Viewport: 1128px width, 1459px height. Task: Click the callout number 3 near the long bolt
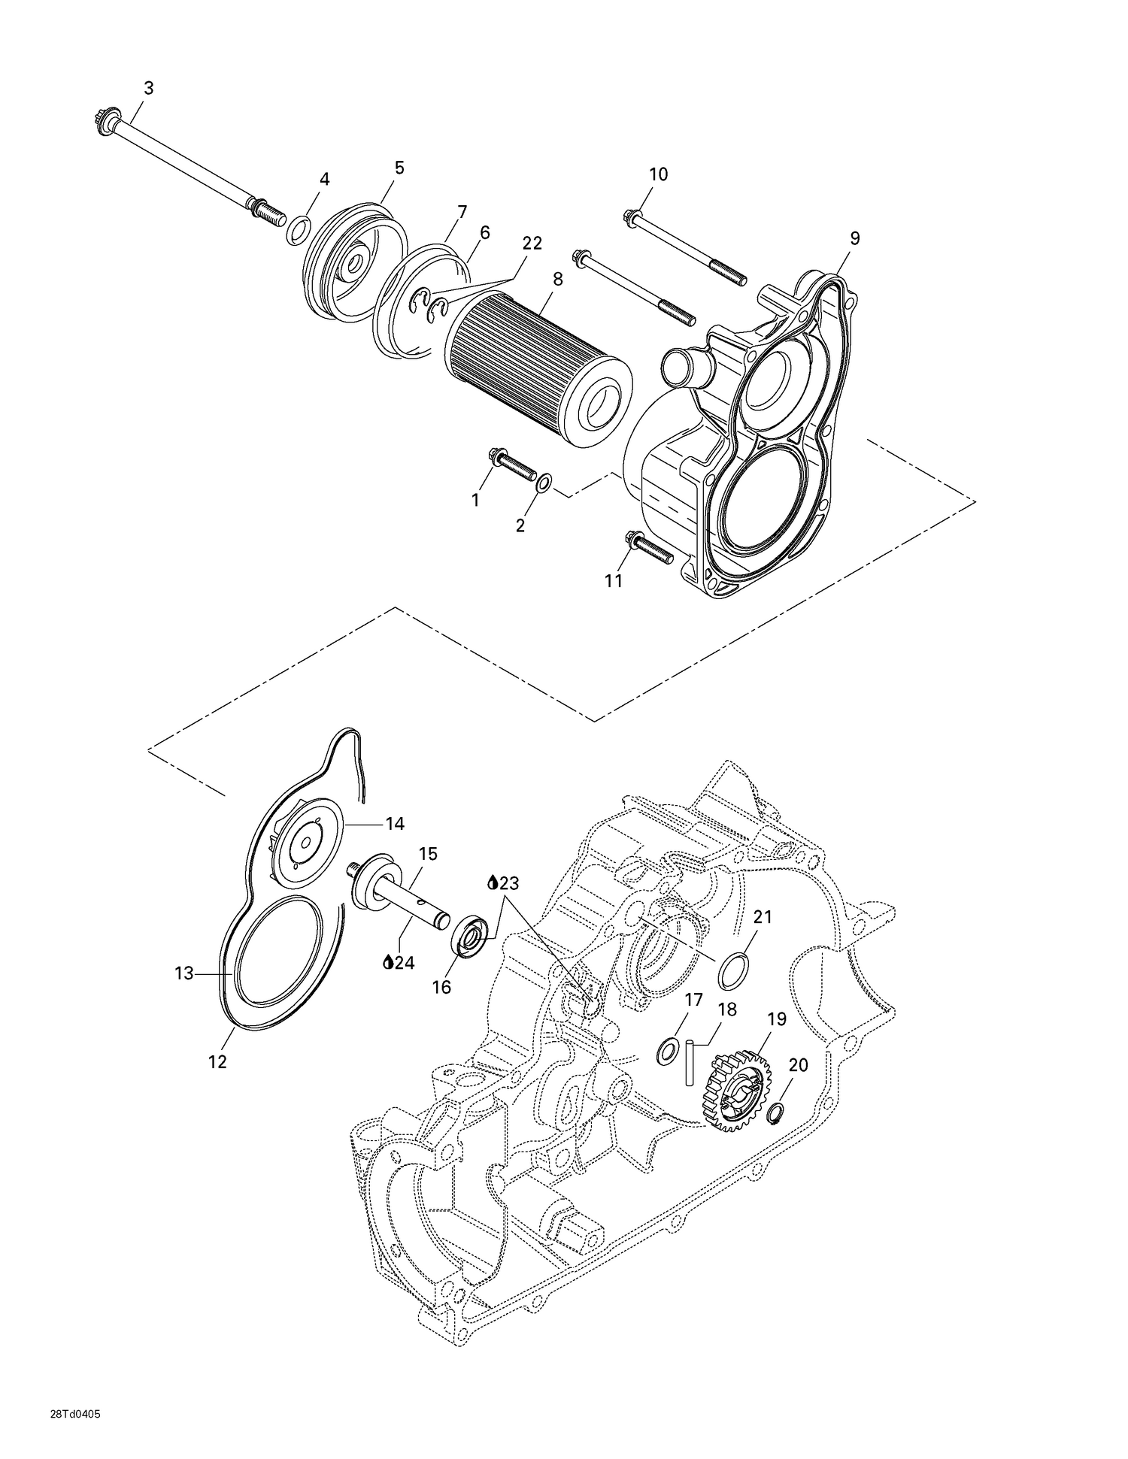[148, 88]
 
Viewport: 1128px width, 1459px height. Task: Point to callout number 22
[532, 243]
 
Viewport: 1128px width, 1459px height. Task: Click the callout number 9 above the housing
[854, 238]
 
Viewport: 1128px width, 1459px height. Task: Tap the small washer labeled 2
[544, 483]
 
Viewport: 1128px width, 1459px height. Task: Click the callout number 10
[658, 174]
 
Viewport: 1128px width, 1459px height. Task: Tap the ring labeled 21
[733, 970]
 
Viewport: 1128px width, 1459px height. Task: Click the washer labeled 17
[666, 1052]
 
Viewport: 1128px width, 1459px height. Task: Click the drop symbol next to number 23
[493, 882]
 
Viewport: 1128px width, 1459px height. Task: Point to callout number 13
[183, 973]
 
